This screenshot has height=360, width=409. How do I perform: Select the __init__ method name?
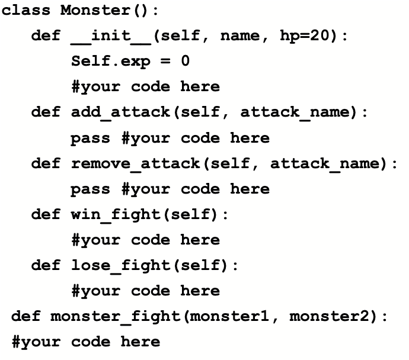110,36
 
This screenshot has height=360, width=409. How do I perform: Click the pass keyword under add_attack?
91,138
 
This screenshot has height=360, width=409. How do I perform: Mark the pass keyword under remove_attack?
91,189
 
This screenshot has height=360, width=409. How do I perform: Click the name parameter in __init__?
240,36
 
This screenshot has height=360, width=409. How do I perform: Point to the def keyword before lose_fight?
46,265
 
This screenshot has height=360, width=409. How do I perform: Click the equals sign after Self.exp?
160,61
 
